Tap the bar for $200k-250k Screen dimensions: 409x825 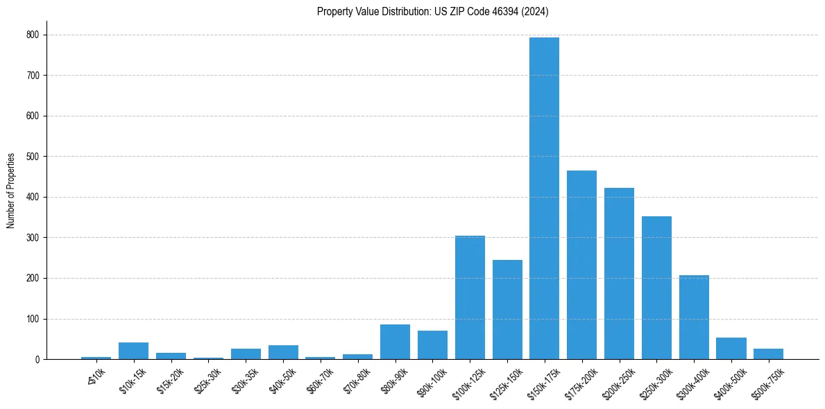(x=619, y=273)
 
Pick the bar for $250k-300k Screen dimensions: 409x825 (x=656, y=288)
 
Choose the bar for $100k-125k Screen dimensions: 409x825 (x=470, y=297)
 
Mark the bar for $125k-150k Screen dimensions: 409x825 (x=507, y=309)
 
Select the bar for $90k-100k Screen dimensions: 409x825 (x=432, y=345)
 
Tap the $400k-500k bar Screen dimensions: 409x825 (x=731, y=348)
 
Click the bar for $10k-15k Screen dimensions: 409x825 (x=133, y=351)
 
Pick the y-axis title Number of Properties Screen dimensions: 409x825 (x=11, y=191)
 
